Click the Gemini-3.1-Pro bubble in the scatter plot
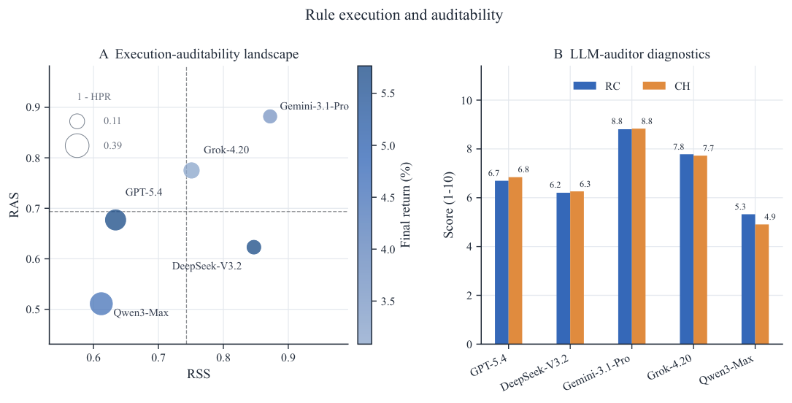coord(270,117)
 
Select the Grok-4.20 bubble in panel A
coord(191,170)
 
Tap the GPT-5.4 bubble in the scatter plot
coord(115,220)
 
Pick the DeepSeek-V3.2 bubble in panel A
coord(254,247)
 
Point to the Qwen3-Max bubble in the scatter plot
coord(101,304)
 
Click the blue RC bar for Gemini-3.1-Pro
coord(625,237)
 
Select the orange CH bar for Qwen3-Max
coord(761,284)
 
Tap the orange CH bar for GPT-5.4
coord(515,261)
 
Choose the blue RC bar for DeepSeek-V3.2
coord(564,268)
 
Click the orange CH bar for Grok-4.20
coord(700,250)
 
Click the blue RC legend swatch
coord(585,86)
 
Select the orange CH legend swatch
coord(654,86)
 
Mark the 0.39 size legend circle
coord(77,146)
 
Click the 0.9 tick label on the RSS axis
coord(288,358)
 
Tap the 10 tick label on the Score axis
coord(466,100)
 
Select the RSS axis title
coord(199,374)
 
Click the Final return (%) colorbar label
coord(405,205)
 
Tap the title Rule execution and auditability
coord(404,15)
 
